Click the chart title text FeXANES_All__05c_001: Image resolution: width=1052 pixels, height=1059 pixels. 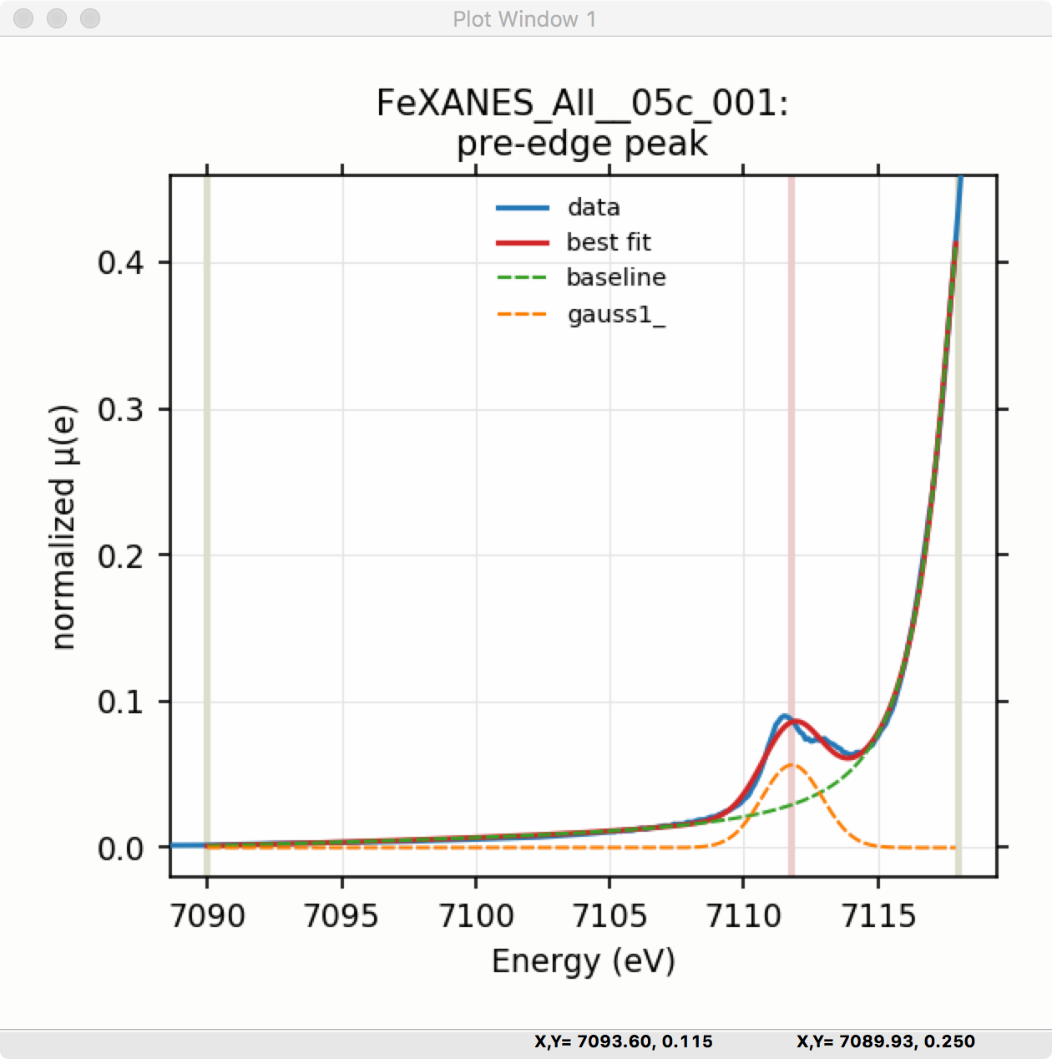(x=582, y=104)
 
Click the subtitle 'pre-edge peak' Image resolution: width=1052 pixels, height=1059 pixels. (x=582, y=144)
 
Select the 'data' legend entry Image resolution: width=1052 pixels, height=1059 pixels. (x=593, y=207)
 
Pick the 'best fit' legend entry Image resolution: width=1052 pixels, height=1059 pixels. (x=608, y=242)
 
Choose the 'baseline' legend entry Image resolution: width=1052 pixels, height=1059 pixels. (x=615, y=277)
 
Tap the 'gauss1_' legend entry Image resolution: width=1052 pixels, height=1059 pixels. (x=615, y=315)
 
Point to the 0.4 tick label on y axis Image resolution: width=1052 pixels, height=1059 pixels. (x=120, y=263)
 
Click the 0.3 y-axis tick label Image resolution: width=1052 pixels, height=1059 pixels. (x=120, y=410)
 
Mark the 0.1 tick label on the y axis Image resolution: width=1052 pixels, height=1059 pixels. (x=120, y=702)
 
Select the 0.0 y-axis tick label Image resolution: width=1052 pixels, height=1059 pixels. (x=120, y=849)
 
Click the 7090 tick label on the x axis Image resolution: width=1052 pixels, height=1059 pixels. (x=207, y=916)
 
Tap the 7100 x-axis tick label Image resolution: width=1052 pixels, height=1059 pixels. (x=476, y=916)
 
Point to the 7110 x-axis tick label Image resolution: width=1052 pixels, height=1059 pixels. (x=744, y=916)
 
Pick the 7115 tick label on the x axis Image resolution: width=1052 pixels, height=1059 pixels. (x=878, y=916)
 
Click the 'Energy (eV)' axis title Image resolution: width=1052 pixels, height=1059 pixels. (x=583, y=961)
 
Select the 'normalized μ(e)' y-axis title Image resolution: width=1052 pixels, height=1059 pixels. (x=63, y=527)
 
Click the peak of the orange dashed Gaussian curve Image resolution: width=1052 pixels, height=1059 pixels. (x=791, y=764)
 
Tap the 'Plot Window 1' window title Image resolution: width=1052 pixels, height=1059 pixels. (x=524, y=19)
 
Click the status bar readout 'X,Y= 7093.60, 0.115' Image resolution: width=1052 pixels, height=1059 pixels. (x=623, y=1041)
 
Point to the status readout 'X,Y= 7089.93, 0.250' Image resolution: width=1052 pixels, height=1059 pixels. (x=885, y=1041)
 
